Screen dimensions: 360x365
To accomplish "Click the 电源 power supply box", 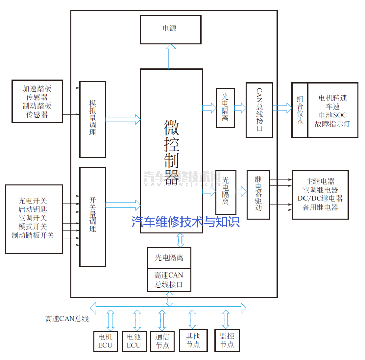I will click(x=171, y=29).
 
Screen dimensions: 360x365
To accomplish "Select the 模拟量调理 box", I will click(x=93, y=119).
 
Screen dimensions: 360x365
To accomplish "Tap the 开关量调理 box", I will click(x=93, y=217).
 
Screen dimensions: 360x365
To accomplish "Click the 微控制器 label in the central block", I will click(x=171, y=152).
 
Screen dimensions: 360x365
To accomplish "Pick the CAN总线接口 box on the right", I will click(x=259, y=110).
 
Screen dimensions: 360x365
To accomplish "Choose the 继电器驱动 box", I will click(x=258, y=195).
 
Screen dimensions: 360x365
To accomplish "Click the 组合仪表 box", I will click(x=300, y=110).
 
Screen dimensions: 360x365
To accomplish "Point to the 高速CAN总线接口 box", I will click(x=169, y=280).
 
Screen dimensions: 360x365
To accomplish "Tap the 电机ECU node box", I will click(x=105, y=341).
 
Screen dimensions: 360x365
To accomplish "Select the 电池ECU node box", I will click(x=134, y=341).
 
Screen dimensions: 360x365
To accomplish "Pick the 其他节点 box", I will click(x=193, y=340).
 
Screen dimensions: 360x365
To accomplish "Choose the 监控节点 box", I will click(x=227, y=340).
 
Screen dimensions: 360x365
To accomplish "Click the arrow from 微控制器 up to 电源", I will click(x=171, y=56).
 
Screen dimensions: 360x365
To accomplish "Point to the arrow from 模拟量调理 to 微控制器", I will click(x=123, y=119).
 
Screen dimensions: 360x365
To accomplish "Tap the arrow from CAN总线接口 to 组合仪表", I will click(x=282, y=108).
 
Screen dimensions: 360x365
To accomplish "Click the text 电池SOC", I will click(x=333, y=115).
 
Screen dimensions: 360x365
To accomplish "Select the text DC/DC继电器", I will click(x=320, y=198).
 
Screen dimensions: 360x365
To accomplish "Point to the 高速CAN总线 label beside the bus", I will click(x=67, y=319).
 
